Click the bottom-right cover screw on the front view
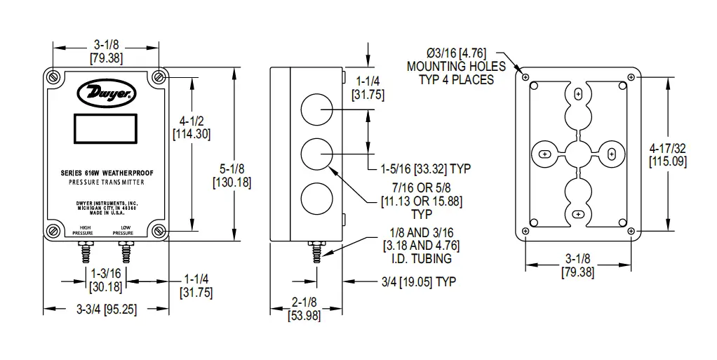[159, 230]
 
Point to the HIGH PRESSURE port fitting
[86, 250]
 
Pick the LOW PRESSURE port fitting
[126, 250]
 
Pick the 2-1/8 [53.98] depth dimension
[306, 309]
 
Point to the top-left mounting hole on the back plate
[525, 76]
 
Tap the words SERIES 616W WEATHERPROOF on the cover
[107, 173]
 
